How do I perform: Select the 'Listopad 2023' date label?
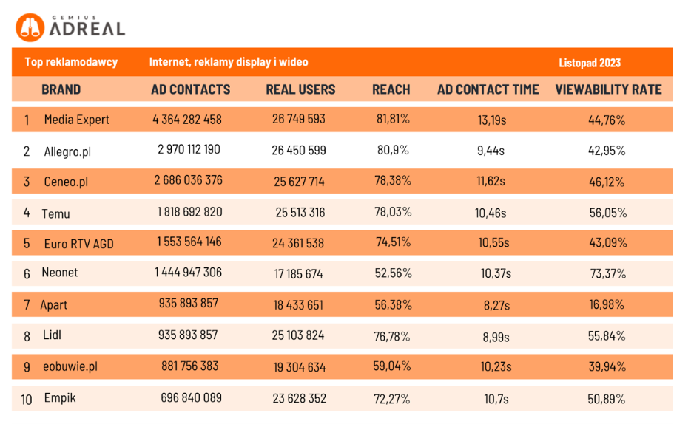coord(589,63)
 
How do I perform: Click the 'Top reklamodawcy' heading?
coord(71,62)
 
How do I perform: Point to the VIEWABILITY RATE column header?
coord(608,89)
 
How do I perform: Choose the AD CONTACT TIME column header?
coord(488,89)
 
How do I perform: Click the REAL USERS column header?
coord(300,89)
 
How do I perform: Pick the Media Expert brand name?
coord(76,119)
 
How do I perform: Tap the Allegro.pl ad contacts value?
coord(189,149)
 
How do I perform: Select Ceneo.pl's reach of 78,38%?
coord(393,180)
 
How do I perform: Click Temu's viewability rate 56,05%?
coord(607,213)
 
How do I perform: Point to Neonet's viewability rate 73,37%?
coord(607,273)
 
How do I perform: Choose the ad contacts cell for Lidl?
coord(188,335)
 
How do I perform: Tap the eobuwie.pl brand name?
coord(70,366)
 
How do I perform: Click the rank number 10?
coord(27,400)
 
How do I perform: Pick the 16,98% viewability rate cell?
coord(607,304)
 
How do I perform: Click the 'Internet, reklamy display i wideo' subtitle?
coord(229,62)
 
